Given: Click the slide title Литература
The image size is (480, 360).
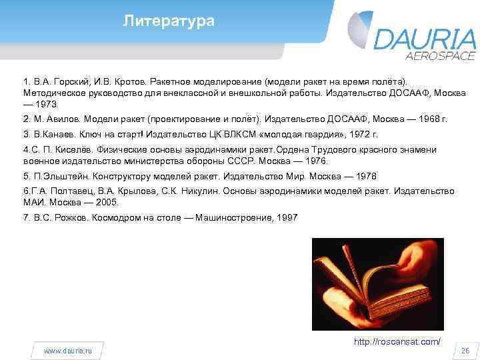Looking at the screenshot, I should pos(169,21).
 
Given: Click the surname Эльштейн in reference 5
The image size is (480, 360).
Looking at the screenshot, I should pos(56,177).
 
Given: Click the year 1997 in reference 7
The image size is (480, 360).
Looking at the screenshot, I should pos(287,217).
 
